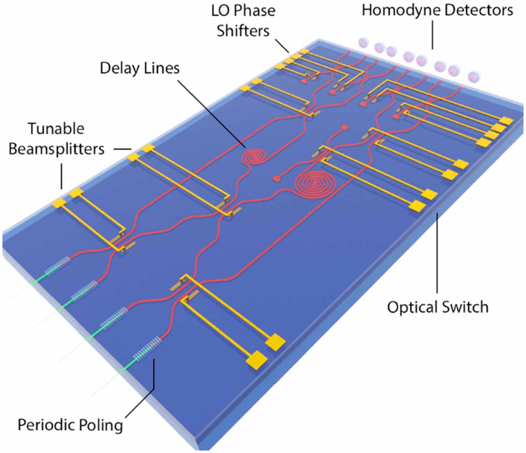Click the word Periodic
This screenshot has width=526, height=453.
(x=47, y=425)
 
